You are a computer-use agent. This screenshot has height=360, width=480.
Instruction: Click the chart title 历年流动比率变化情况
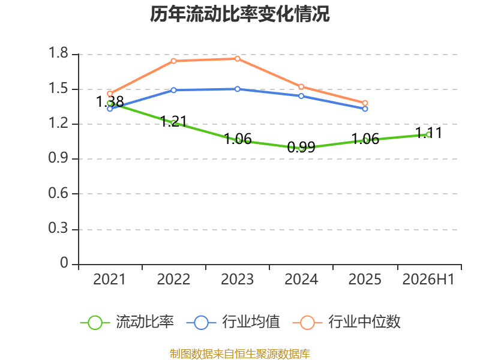(239, 14)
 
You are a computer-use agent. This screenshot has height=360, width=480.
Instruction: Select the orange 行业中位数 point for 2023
(238, 59)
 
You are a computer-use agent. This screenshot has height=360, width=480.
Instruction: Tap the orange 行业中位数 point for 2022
(173, 61)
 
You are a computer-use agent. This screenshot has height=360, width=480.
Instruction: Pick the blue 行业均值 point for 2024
(301, 96)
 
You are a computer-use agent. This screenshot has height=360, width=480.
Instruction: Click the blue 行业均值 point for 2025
(365, 109)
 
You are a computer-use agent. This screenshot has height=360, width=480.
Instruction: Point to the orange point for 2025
(365, 103)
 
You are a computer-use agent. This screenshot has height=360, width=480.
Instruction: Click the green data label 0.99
(302, 147)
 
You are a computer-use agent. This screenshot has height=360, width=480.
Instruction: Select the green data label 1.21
(173, 122)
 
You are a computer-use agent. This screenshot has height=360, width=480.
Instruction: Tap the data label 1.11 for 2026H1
(428, 133)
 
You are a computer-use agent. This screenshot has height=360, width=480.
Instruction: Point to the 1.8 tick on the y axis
(58, 53)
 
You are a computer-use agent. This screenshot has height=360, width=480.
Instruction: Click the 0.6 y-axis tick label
(58, 193)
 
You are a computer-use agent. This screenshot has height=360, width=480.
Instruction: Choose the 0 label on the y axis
(64, 263)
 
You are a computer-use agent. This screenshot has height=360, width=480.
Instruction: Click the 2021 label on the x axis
(110, 279)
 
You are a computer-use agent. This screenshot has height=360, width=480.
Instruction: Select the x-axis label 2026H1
(428, 279)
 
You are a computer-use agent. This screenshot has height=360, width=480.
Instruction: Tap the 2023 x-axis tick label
(238, 279)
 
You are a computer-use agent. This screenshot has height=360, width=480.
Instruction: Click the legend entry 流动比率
(127, 322)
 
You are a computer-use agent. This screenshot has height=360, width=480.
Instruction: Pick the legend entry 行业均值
(233, 322)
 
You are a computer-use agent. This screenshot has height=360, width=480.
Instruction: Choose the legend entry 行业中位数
(346, 322)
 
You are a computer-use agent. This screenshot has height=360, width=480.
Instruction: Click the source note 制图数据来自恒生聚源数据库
(239, 354)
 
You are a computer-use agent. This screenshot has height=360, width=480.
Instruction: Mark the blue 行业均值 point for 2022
(173, 90)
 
